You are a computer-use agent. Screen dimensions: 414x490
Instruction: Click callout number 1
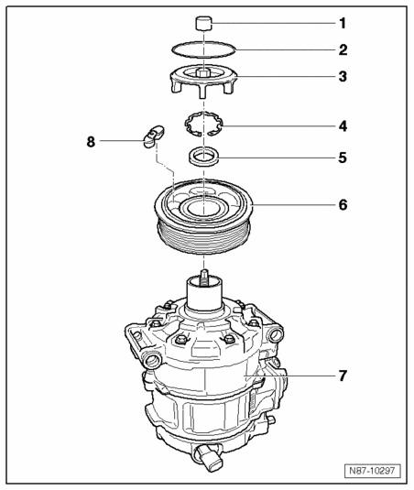click(x=343, y=24)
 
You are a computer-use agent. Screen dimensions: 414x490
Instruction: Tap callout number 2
click(x=343, y=50)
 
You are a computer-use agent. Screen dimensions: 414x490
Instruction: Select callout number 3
click(x=343, y=77)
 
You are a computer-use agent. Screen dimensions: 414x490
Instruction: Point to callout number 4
click(x=343, y=126)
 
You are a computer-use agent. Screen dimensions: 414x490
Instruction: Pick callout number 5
click(x=343, y=158)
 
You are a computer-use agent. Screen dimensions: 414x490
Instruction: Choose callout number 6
click(x=343, y=205)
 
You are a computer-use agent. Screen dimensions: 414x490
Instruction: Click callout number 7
click(x=343, y=376)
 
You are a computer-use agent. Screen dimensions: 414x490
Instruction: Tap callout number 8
click(x=91, y=142)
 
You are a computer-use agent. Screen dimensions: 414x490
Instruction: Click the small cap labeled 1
click(x=204, y=24)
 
